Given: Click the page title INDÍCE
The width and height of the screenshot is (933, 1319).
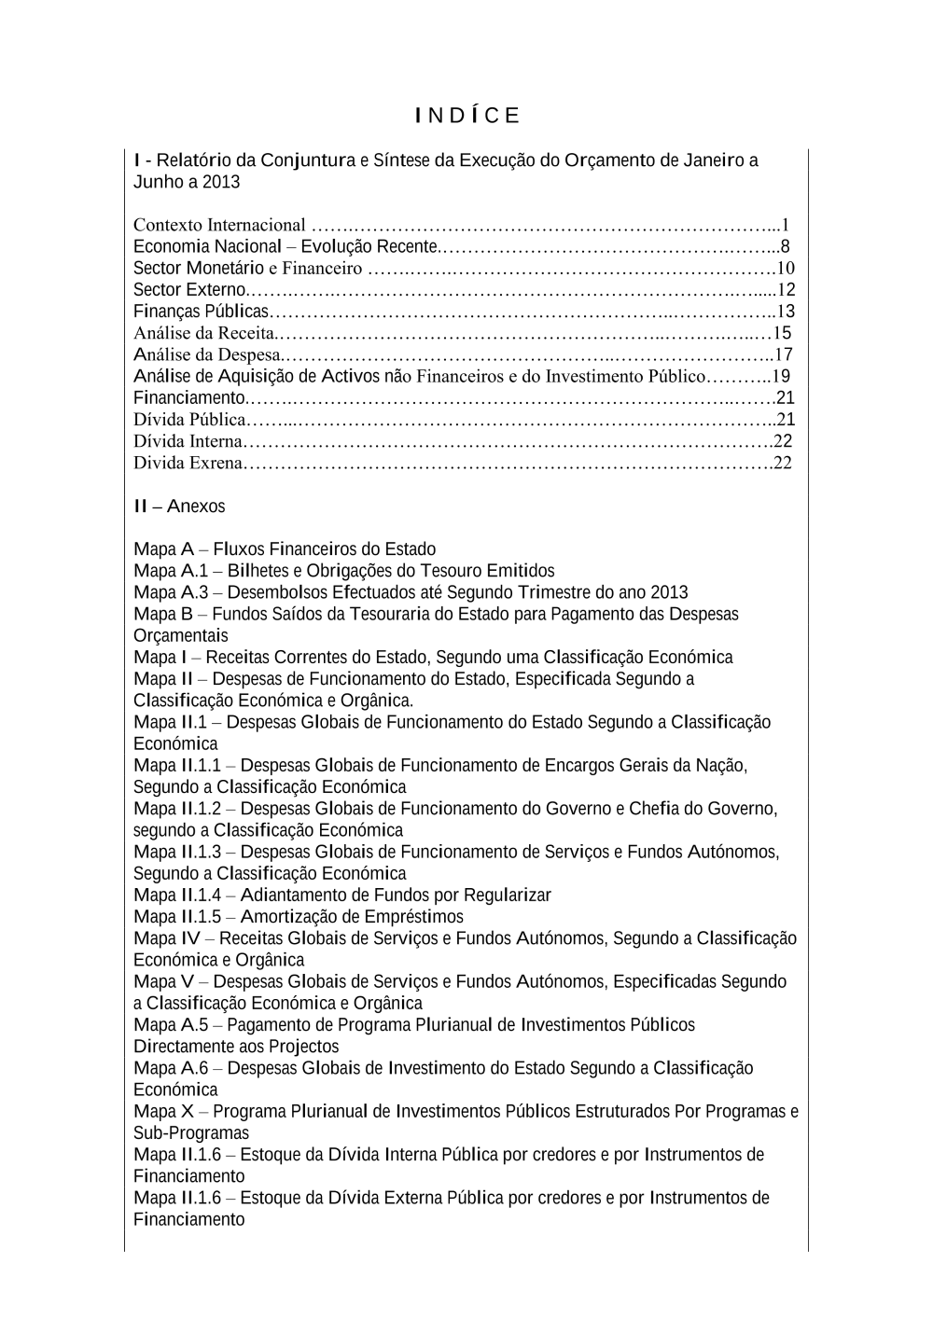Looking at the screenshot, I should pyautogui.click(x=467, y=116).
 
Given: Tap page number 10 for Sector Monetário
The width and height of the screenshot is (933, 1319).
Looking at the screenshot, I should pyautogui.click(x=785, y=269).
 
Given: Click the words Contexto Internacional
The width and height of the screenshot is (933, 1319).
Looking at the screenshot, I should pyautogui.click(x=219, y=225).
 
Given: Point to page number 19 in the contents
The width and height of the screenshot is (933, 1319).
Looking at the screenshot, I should pyautogui.click(x=781, y=376).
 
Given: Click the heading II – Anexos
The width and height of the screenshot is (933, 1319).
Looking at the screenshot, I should pyautogui.click(x=179, y=507).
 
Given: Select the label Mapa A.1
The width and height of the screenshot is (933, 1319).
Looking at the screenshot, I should pyautogui.click(x=171, y=571).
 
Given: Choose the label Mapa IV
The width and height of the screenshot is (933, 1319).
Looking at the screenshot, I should pyautogui.click(x=167, y=938).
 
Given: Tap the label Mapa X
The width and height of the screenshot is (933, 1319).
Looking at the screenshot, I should pyautogui.click(x=164, y=1111).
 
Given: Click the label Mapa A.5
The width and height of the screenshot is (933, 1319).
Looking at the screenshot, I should pyautogui.click(x=171, y=1025).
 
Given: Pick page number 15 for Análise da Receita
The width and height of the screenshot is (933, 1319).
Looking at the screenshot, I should pyautogui.click(x=783, y=333).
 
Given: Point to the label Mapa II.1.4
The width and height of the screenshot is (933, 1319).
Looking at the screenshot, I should pyautogui.click(x=177, y=896).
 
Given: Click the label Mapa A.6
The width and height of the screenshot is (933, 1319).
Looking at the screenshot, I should pyautogui.click(x=171, y=1068).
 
